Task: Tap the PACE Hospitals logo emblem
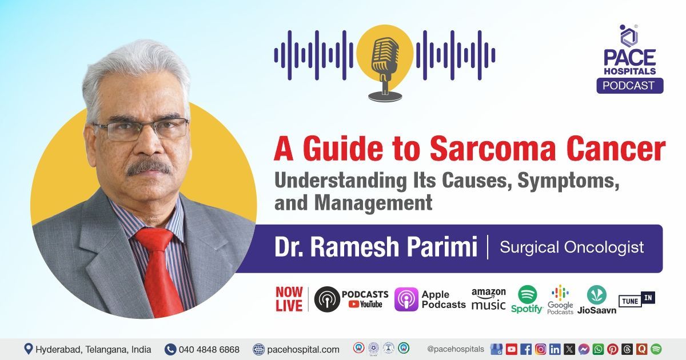click(x=629, y=35)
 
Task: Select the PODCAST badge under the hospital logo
click(x=630, y=85)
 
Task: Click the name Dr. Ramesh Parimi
click(x=376, y=248)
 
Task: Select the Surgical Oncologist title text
click(x=572, y=247)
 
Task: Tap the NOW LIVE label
click(x=289, y=299)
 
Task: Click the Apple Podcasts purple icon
click(x=406, y=299)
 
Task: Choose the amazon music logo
click(x=488, y=298)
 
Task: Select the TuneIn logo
click(x=637, y=298)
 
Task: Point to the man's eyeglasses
click(x=141, y=128)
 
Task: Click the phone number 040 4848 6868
click(x=209, y=349)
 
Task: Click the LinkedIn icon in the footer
click(x=555, y=349)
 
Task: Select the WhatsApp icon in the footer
click(x=598, y=349)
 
